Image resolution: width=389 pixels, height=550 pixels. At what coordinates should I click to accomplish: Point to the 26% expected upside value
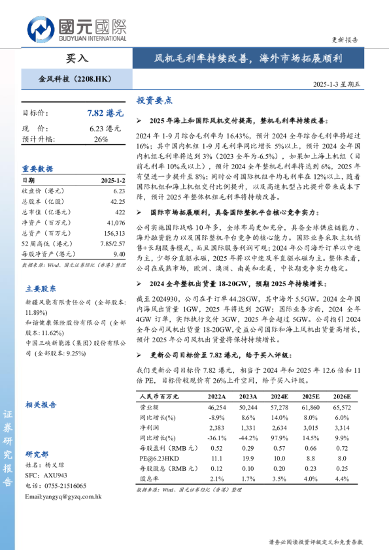click(x=101, y=139)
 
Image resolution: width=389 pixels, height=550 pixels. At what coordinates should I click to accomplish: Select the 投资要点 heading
click(x=154, y=101)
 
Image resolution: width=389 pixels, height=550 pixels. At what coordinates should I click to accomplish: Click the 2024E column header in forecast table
click(x=280, y=396)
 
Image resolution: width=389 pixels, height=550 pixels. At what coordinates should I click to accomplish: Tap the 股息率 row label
click(x=150, y=478)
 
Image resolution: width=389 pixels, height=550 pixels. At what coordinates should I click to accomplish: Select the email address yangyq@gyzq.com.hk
click(x=62, y=497)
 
